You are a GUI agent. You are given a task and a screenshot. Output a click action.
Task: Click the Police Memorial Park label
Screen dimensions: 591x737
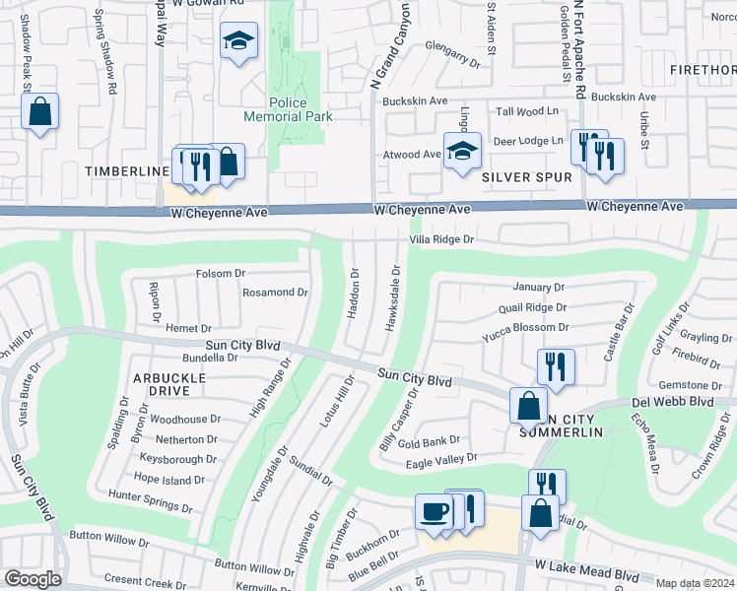[289, 109]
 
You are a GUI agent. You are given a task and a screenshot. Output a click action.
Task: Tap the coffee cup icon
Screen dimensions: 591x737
[435, 511]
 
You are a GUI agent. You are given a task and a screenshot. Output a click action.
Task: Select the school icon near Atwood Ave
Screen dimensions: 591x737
[461, 151]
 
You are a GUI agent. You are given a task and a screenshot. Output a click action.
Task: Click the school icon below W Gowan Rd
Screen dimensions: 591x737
[237, 40]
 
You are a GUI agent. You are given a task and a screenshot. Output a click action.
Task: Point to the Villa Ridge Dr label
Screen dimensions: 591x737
[441, 239]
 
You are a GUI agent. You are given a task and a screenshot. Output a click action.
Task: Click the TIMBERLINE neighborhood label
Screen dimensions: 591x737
[127, 171]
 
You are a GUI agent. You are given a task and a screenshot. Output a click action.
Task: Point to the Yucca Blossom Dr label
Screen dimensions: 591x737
[525, 327]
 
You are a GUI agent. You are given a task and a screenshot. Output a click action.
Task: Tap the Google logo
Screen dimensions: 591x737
[33, 579]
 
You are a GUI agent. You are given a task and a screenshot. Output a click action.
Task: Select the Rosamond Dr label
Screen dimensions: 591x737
[275, 293]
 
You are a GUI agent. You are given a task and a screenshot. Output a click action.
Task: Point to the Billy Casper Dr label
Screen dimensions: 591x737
[398, 420]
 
